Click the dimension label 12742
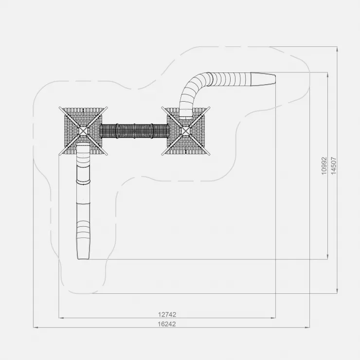click(167, 314)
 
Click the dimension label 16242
click(167, 324)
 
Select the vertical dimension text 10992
click(324, 166)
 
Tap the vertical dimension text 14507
click(334, 166)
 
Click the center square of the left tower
click(83, 131)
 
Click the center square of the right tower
click(185, 131)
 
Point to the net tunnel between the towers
click(135, 131)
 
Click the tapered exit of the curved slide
click(263, 79)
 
